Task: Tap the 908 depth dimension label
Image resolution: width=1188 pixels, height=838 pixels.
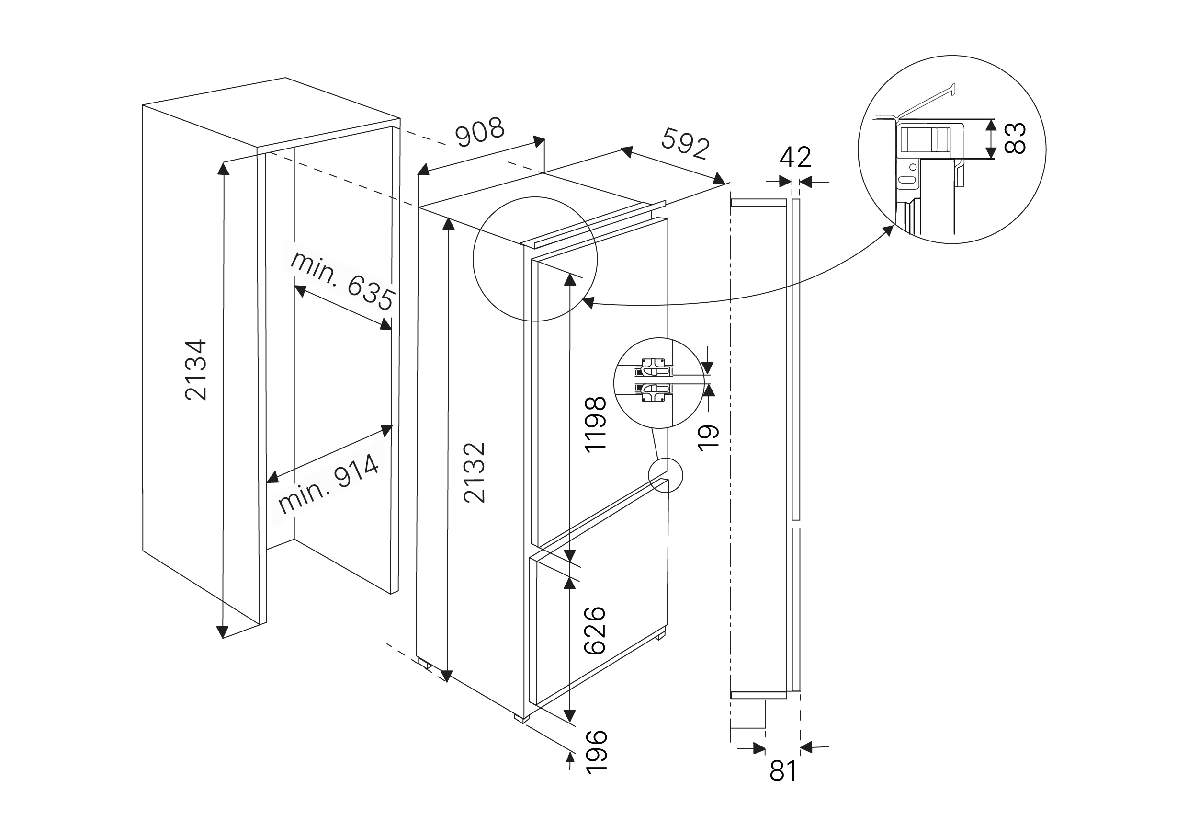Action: tap(480, 133)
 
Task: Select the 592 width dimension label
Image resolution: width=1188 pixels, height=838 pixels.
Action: tap(685, 143)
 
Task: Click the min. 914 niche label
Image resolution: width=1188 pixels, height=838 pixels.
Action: tap(329, 483)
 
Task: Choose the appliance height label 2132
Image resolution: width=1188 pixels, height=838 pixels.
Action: tap(475, 472)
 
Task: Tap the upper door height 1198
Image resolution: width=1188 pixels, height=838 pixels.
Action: tap(595, 425)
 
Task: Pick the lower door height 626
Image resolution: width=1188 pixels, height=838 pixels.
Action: tap(595, 630)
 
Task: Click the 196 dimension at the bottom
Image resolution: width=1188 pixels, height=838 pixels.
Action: tap(596, 752)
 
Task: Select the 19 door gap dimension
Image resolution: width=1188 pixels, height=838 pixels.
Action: tap(708, 437)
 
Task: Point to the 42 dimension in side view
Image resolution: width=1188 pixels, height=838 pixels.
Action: tap(795, 157)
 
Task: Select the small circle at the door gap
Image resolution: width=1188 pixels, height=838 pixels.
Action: tap(666, 475)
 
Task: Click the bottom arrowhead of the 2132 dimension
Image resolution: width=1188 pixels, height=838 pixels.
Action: tap(447, 676)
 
